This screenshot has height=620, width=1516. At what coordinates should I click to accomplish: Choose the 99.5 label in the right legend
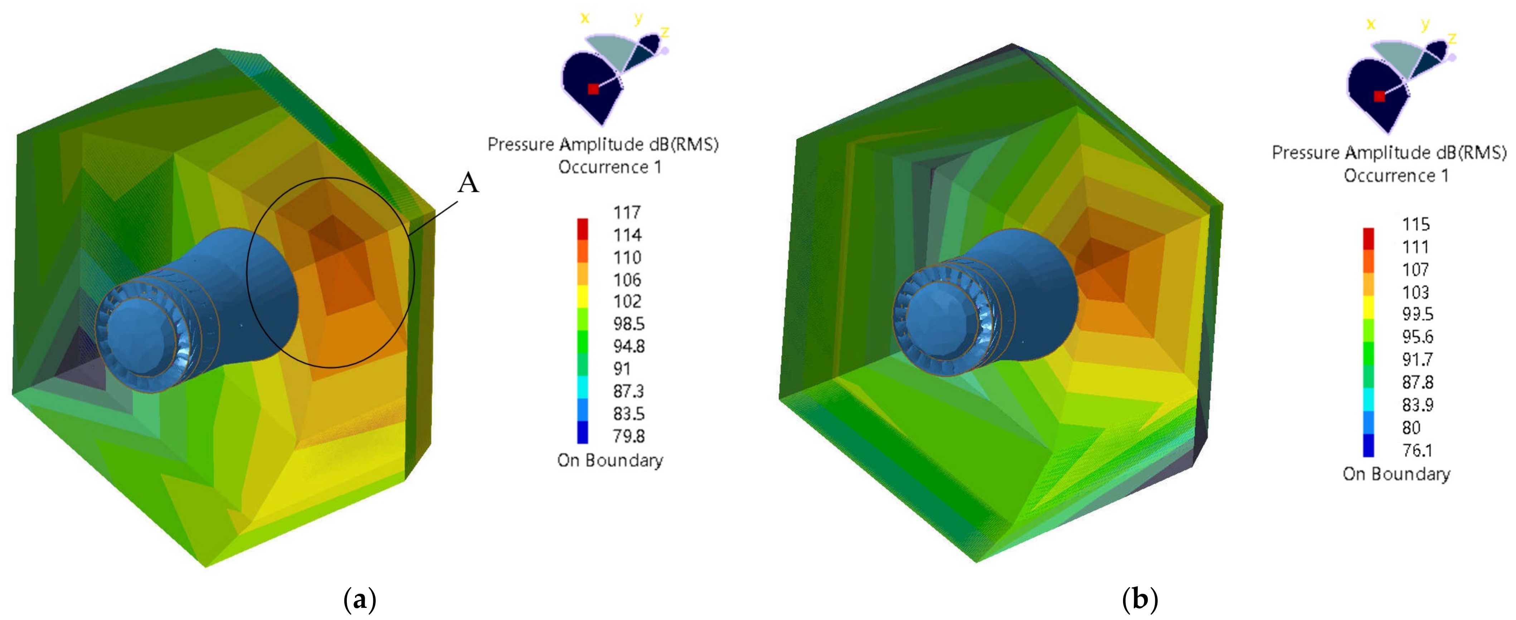point(1417,314)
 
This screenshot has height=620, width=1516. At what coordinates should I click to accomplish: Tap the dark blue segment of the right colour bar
point(1369,445)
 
